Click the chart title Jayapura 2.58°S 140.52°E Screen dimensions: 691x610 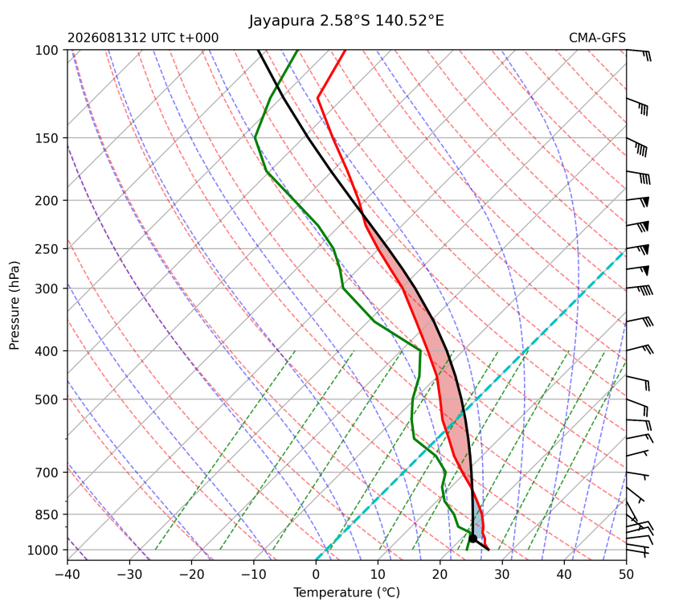[x=346, y=21]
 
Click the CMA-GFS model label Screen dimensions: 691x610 [x=597, y=38]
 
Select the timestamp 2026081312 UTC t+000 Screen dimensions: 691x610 [x=143, y=38]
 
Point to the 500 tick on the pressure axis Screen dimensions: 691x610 [x=47, y=399]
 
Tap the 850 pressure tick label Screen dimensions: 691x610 [x=47, y=515]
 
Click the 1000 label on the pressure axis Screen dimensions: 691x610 [x=43, y=550]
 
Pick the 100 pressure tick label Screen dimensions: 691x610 [x=47, y=51]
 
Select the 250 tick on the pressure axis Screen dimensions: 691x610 [x=47, y=249]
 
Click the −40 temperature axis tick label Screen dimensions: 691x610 [x=67, y=575]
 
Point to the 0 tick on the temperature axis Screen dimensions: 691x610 [x=316, y=575]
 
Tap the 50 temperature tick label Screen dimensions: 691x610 [x=626, y=575]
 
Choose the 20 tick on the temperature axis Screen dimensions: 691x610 [x=440, y=575]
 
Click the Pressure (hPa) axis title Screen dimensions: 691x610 [x=14, y=305]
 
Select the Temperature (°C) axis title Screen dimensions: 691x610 [x=347, y=593]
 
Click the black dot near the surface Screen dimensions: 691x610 [x=473, y=538]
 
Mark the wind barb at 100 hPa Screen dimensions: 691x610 [x=639, y=54]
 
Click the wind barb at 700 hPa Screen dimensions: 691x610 [x=638, y=475]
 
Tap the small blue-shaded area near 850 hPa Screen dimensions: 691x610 [x=478, y=516]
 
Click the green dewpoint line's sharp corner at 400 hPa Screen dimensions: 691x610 [x=420, y=351]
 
